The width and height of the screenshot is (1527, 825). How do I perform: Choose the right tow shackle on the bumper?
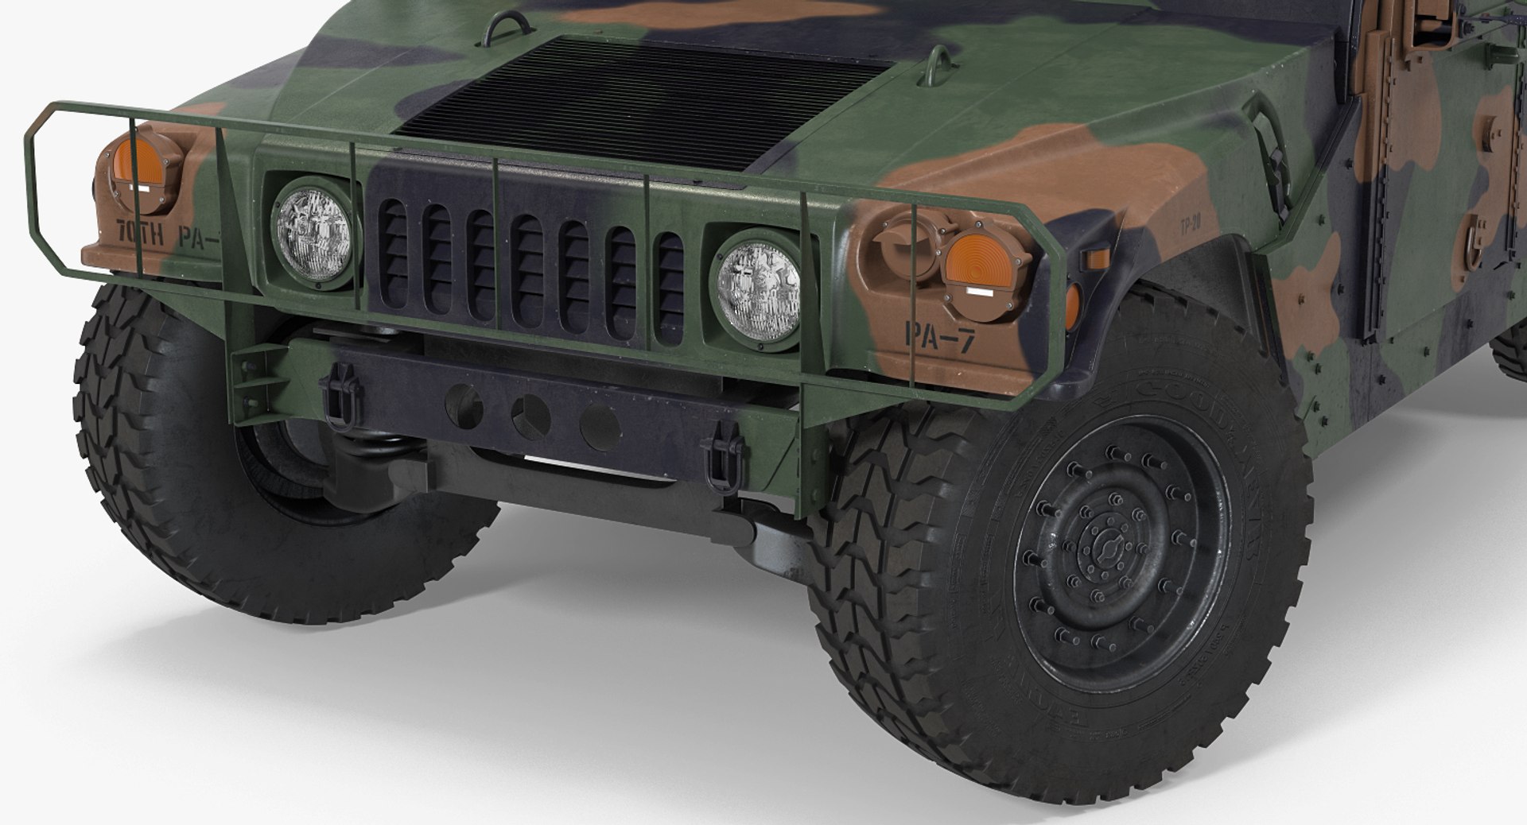tap(725, 459)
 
